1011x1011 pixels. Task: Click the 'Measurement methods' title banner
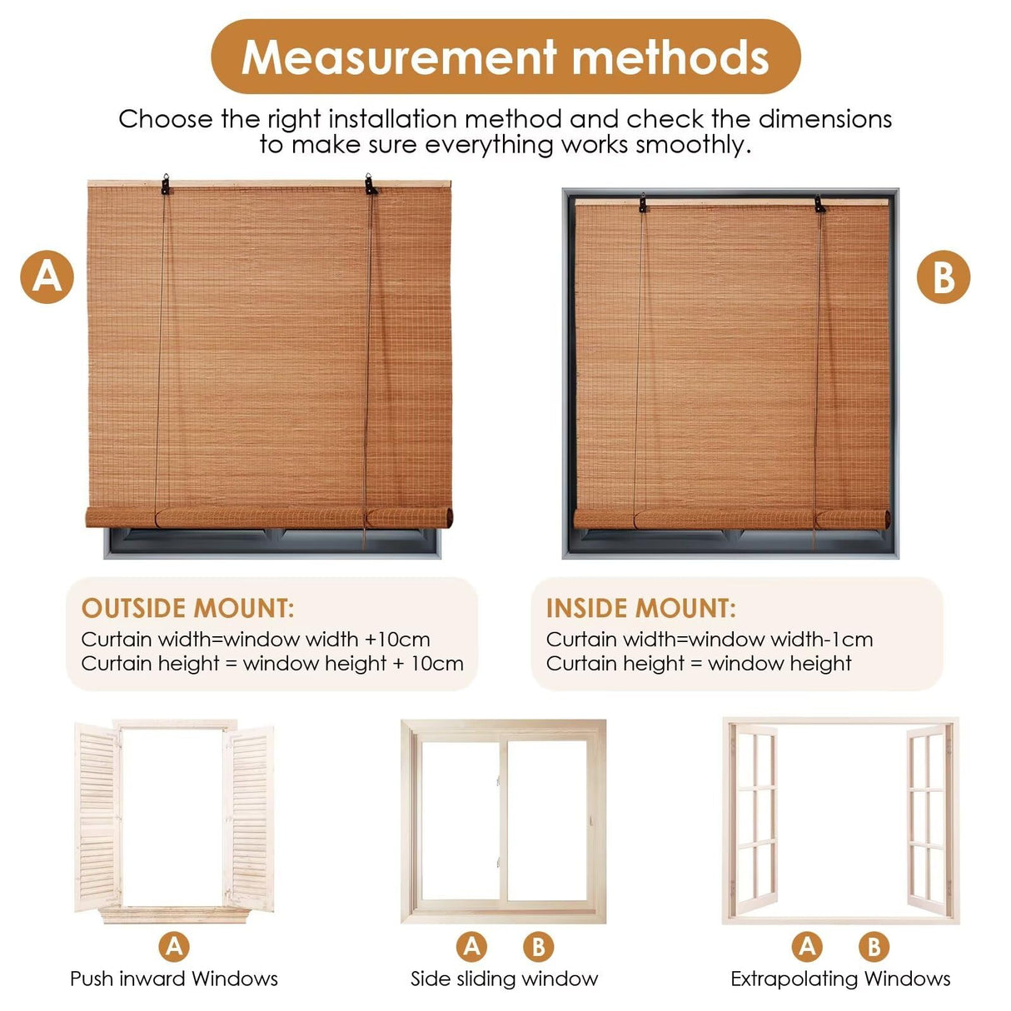click(x=505, y=57)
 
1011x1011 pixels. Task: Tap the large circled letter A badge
click(x=47, y=276)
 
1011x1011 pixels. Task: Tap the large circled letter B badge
click(x=943, y=276)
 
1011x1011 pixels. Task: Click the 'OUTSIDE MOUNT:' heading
click(x=187, y=608)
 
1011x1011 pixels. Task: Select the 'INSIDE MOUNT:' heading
click(x=640, y=608)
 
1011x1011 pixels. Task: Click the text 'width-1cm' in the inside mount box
click(x=821, y=640)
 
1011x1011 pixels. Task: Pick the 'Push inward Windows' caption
click(x=174, y=979)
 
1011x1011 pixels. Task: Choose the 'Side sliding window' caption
click(x=504, y=979)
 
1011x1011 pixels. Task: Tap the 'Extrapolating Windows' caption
click(x=840, y=979)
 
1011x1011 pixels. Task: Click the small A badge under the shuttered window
click(x=174, y=946)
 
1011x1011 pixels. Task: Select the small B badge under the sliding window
click(x=538, y=946)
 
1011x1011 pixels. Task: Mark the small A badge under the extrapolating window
click(x=807, y=946)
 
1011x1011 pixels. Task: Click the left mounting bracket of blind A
click(x=166, y=185)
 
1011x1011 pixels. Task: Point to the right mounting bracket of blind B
click(x=819, y=204)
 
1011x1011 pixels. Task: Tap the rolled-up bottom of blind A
click(x=270, y=517)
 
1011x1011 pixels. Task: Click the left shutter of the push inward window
click(x=98, y=816)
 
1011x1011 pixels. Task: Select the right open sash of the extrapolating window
click(x=928, y=820)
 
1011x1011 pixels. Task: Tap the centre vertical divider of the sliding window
click(x=503, y=820)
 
